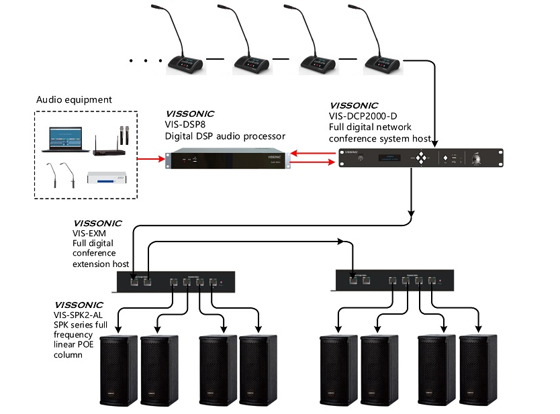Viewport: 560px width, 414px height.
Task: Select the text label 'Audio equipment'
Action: pyautogui.click(x=74, y=100)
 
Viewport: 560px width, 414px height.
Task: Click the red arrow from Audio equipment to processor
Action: pyautogui.click(x=150, y=160)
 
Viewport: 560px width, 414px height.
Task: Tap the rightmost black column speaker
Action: pyautogui.click(x=477, y=368)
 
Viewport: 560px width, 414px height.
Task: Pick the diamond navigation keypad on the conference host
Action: pyautogui.click(x=421, y=159)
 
